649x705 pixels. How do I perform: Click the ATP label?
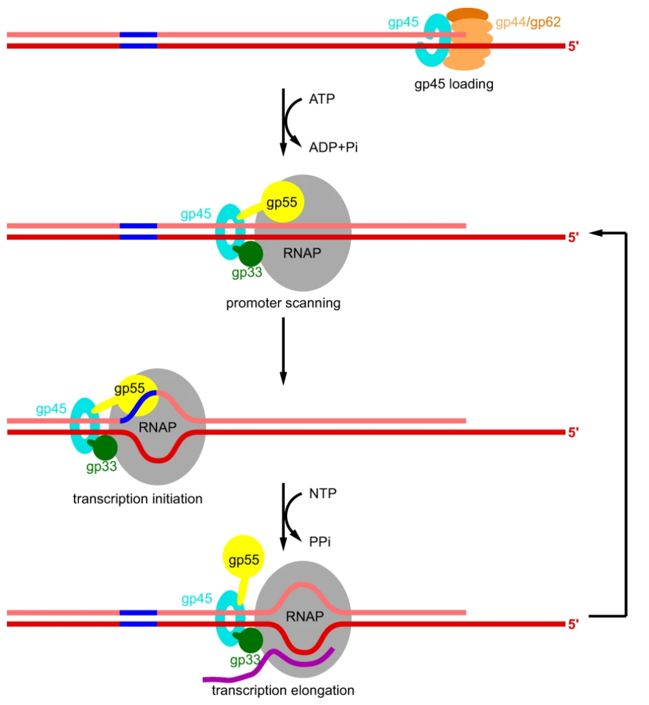(x=322, y=99)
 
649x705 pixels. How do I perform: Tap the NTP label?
(x=322, y=493)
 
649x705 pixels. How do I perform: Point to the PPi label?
(x=320, y=542)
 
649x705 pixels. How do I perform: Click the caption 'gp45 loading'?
(x=454, y=84)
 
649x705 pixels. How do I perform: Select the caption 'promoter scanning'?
(x=283, y=303)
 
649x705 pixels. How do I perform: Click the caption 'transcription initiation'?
(x=138, y=499)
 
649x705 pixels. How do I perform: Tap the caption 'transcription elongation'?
(x=283, y=690)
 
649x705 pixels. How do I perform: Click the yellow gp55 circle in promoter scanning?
(x=283, y=202)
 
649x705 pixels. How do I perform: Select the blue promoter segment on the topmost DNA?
(x=138, y=35)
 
